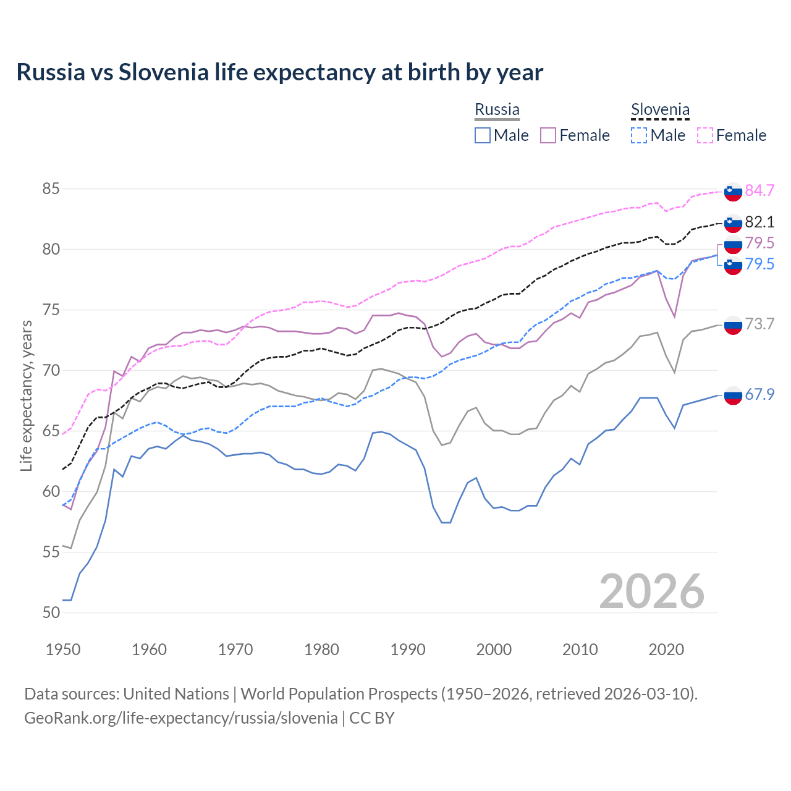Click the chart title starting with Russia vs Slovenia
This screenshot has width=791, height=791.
point(279,72)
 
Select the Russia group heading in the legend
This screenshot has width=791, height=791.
point(497,110)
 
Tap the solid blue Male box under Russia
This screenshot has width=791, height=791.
point(483,135)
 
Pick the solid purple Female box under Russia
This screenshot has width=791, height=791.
point(548,135)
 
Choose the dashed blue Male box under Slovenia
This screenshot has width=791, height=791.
point(639,135)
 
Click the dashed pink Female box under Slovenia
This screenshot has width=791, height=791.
point(705,135)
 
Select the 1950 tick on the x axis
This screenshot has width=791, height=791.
point(63,649)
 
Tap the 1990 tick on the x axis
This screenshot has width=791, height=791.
point(408,649)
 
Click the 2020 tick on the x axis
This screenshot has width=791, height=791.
point(666,649)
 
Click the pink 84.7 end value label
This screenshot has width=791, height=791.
point(759,191)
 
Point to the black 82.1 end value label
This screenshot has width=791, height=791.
point(759,222)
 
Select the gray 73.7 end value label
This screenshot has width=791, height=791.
point(759,324)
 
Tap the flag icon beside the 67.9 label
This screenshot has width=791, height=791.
point(733,395)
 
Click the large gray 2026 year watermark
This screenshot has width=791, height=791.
point(652,592)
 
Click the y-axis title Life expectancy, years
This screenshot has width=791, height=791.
point(27,395)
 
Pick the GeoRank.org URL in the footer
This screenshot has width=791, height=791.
point(180,718)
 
